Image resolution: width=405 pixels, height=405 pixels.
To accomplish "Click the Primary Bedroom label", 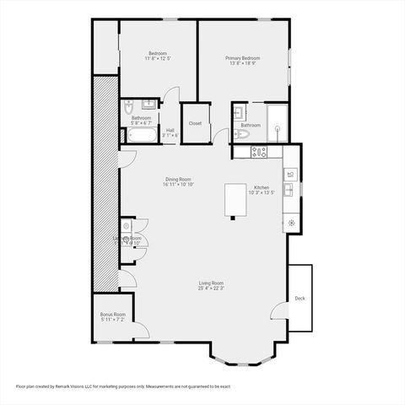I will (242, 58).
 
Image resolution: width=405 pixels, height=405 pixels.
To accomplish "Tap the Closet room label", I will (195, 123).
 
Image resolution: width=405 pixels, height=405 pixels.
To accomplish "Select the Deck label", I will (300, 299).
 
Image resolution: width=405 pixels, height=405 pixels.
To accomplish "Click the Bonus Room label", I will (112, 314).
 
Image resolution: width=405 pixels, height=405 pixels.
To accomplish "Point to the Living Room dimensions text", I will (211, 289).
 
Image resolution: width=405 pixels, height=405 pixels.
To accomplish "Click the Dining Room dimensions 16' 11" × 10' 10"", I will (178, 184).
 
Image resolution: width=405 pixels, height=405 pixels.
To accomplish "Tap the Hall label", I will (170, 130).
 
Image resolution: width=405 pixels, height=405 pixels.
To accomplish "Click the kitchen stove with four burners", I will (259, 153).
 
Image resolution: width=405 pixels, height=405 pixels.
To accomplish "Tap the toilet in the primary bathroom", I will (243, 133).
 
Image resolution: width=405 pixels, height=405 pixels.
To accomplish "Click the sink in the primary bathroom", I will (239, 111).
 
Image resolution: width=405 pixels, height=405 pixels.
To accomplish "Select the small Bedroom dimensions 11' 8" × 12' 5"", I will (158, 59).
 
